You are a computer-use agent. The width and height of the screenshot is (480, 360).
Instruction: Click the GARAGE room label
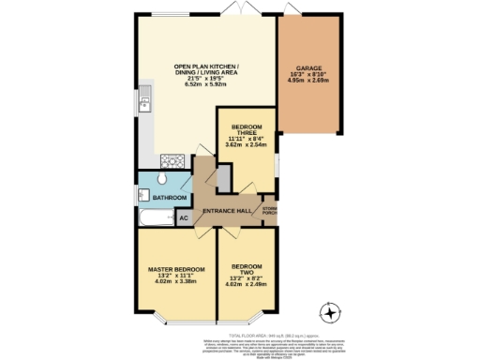click(x=310, y=68)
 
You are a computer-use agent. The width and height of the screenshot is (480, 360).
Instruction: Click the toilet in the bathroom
click(x=161, y=178)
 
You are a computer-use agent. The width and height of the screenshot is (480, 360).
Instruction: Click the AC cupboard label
click(x=183, y=217)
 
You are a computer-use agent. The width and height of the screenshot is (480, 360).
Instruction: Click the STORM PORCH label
click(x=270, y=210)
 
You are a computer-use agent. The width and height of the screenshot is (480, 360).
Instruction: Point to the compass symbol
click(x=329, y=313)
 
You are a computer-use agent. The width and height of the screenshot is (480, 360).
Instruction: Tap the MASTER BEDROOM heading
click(x=176, y=270)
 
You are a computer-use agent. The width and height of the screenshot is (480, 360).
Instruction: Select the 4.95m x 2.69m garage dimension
click(x=310, y=82)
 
